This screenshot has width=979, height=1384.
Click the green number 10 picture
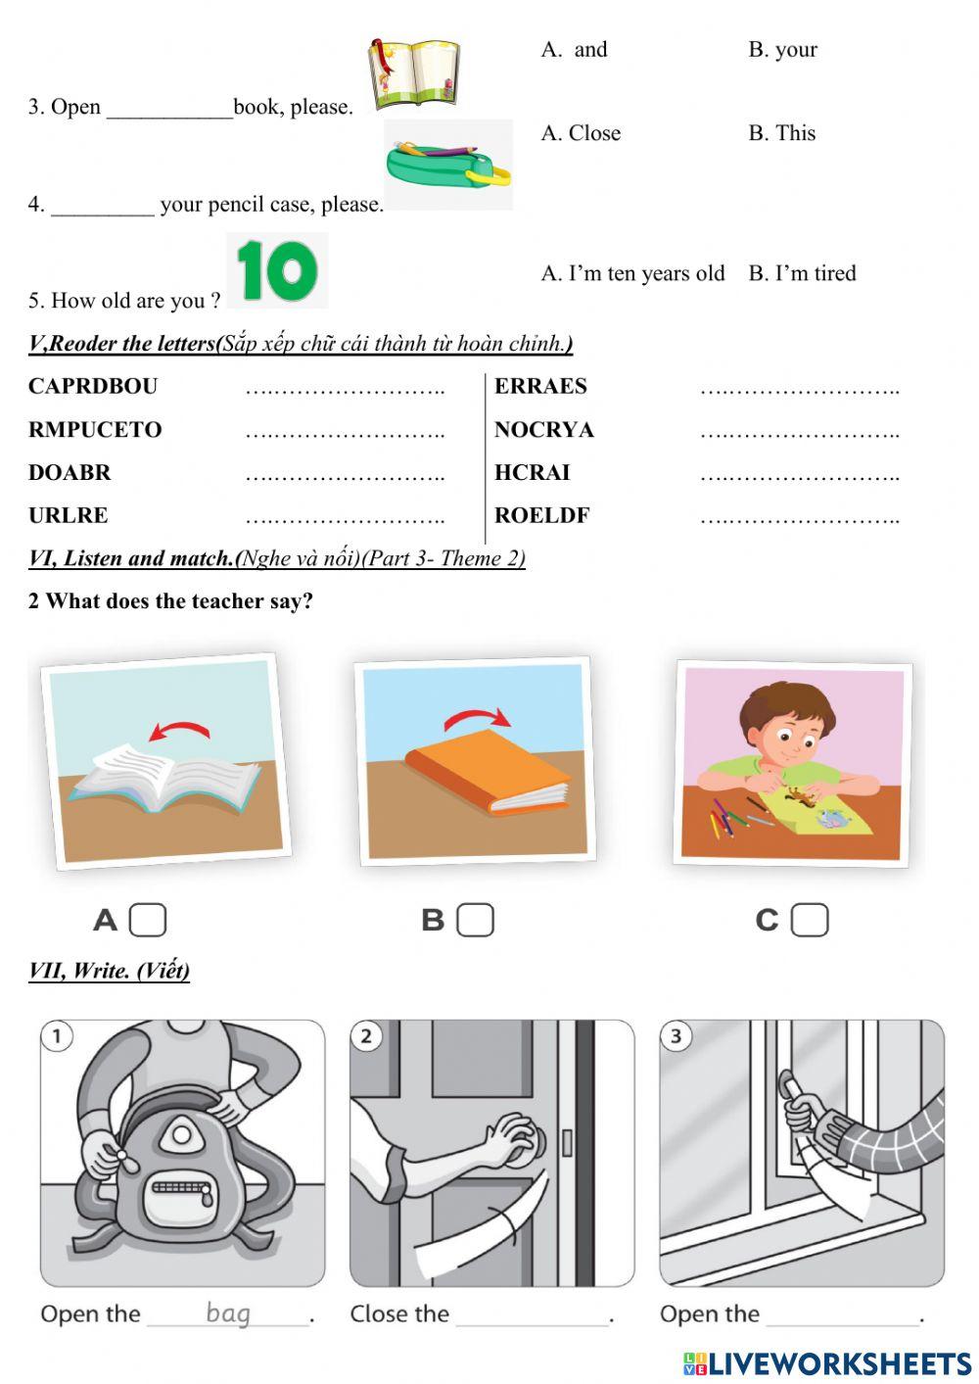(x=277, y=270)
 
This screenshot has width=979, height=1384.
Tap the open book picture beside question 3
(x=413, y=73)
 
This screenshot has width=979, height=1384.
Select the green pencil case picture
(x=448, y=165)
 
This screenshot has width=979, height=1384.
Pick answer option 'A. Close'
(x=581, y=133)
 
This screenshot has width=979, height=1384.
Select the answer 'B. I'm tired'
(x=802, y=273)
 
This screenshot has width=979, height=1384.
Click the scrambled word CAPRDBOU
(x=93, y=386)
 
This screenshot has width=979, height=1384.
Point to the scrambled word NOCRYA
(x=543, y=429)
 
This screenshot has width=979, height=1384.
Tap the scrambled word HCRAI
(x=532, y=472)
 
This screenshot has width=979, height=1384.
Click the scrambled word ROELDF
(x=541, y=515)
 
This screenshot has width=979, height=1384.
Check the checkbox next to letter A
(x=148, y=920)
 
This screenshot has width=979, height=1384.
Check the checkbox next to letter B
(x=475, y=920)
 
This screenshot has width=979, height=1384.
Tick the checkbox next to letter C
(x=810, y=920)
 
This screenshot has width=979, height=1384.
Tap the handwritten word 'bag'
(x=228, y=1312)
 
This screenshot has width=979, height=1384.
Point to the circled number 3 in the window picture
(x=676, y=1036)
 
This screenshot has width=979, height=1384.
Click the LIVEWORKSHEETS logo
(x=827, y=1363)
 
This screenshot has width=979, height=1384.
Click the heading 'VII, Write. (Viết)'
(x=109, y=971)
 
